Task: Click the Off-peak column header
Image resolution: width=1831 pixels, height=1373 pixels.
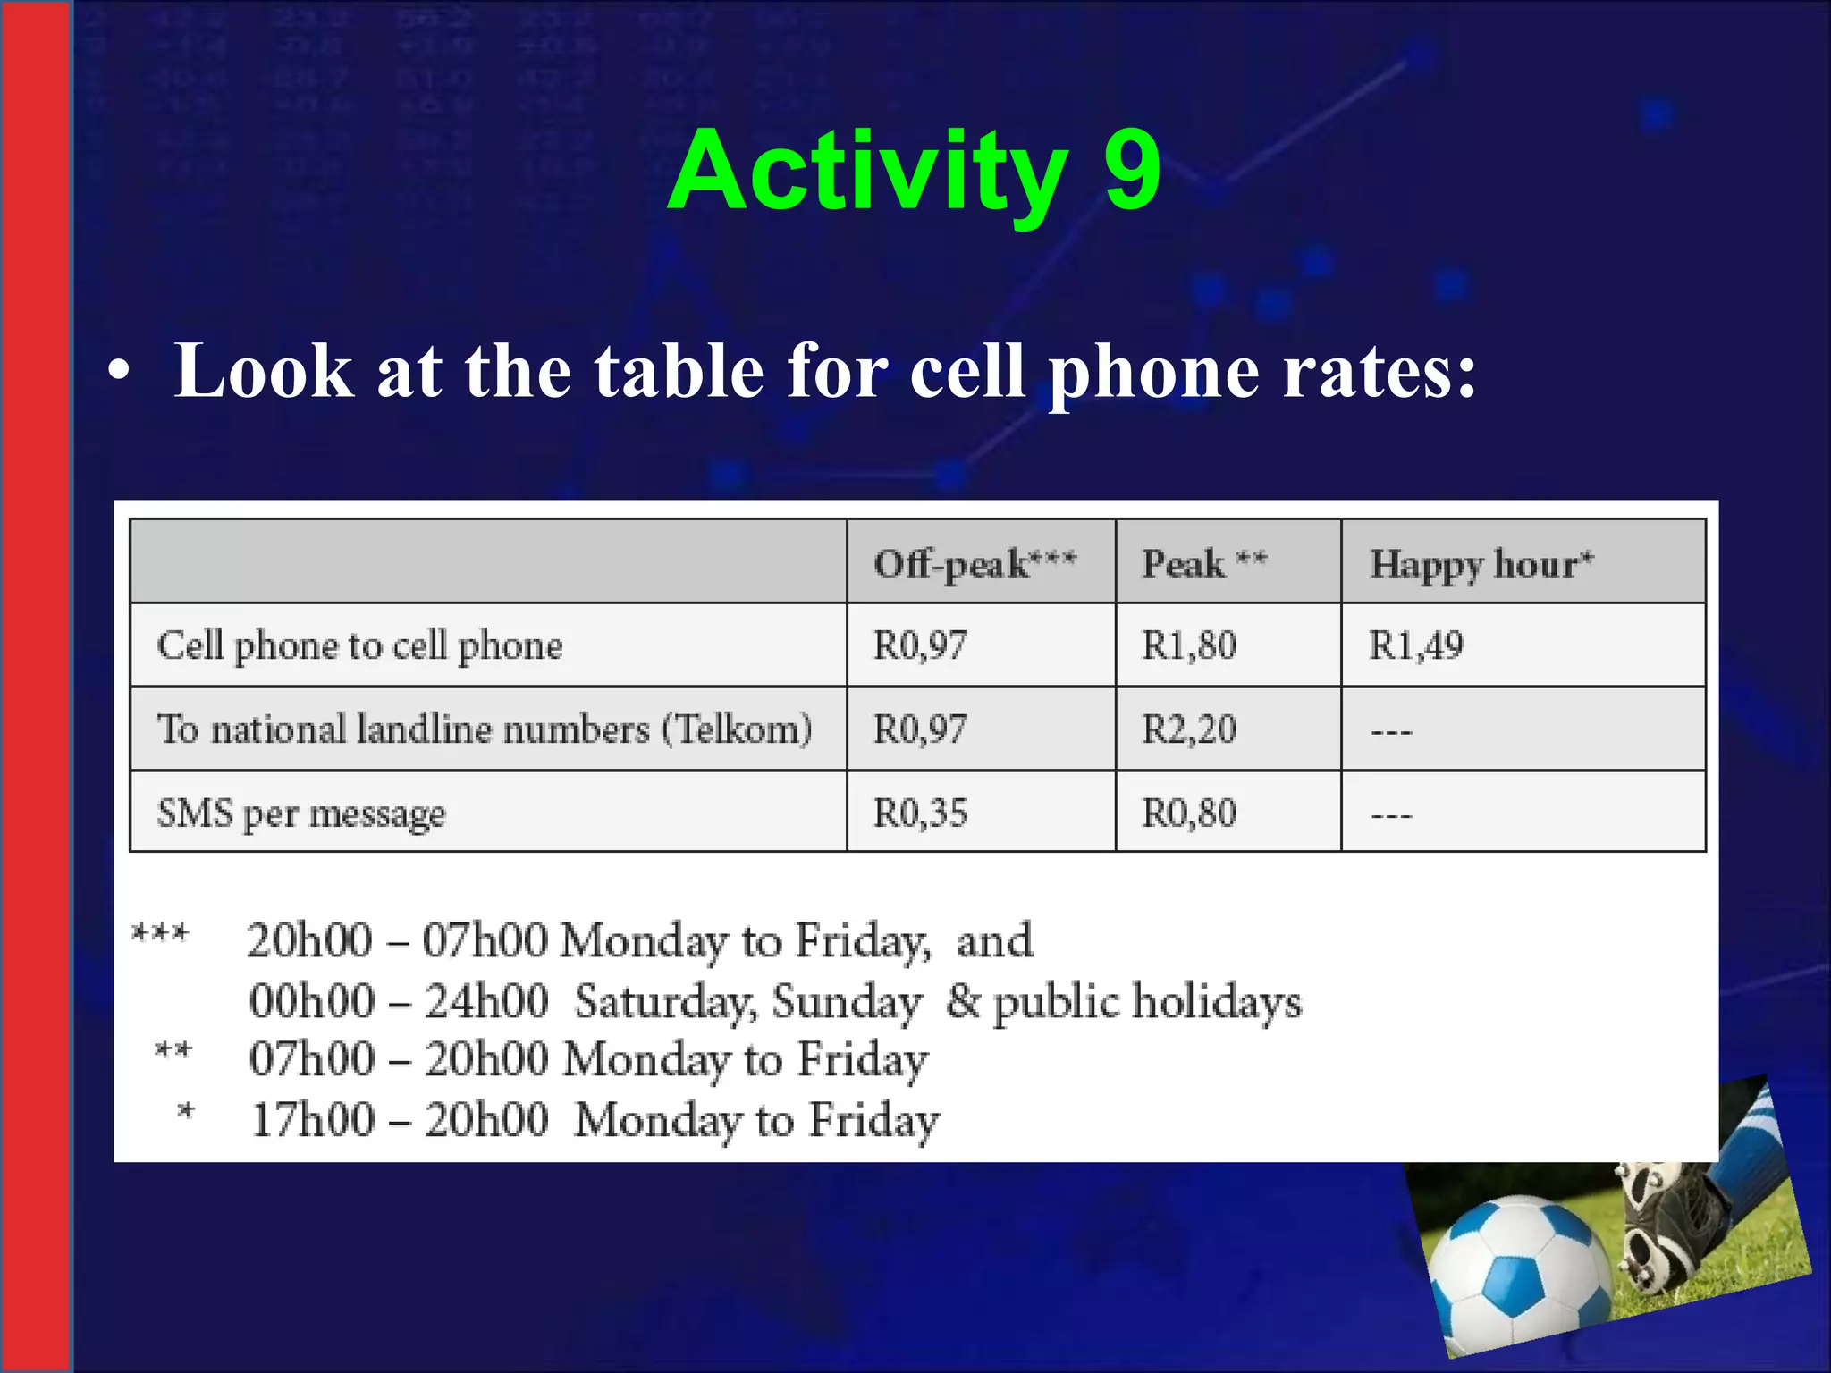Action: click(x=975, y=564)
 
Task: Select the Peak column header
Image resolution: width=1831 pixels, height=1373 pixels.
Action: click(x=1203, y=564)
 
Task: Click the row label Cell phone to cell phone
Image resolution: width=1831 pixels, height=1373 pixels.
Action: click(x=359, y=645)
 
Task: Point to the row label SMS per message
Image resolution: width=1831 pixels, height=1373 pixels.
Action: click(x=301, y=813)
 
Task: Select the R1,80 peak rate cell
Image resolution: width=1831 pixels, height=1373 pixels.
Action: click(x=1189, y=645)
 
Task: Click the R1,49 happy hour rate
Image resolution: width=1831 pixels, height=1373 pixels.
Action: click(x=1416, y=645)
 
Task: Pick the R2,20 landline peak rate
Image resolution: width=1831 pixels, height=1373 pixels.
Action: click(x=1189, y=729)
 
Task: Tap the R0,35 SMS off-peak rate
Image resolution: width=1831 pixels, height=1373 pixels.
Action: click(x=920, y=813)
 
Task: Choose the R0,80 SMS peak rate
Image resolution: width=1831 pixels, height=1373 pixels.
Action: click(x=1189, y=813)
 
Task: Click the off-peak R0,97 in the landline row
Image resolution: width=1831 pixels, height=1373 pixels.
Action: click(x=920, y=729)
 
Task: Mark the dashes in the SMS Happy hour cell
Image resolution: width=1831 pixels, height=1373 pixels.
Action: click(x=1391, y=815)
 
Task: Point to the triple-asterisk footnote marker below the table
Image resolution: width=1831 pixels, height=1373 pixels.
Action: click(x=160, y=934)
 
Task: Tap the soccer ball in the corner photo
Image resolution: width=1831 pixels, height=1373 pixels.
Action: click(x=1518, y=1269)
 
